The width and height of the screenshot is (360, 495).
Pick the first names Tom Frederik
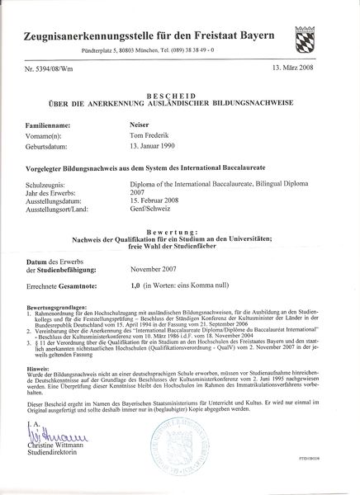pyautogui.click(x=155, y=134)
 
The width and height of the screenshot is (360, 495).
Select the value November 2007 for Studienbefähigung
pyautogui.click(x=159, y=269)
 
